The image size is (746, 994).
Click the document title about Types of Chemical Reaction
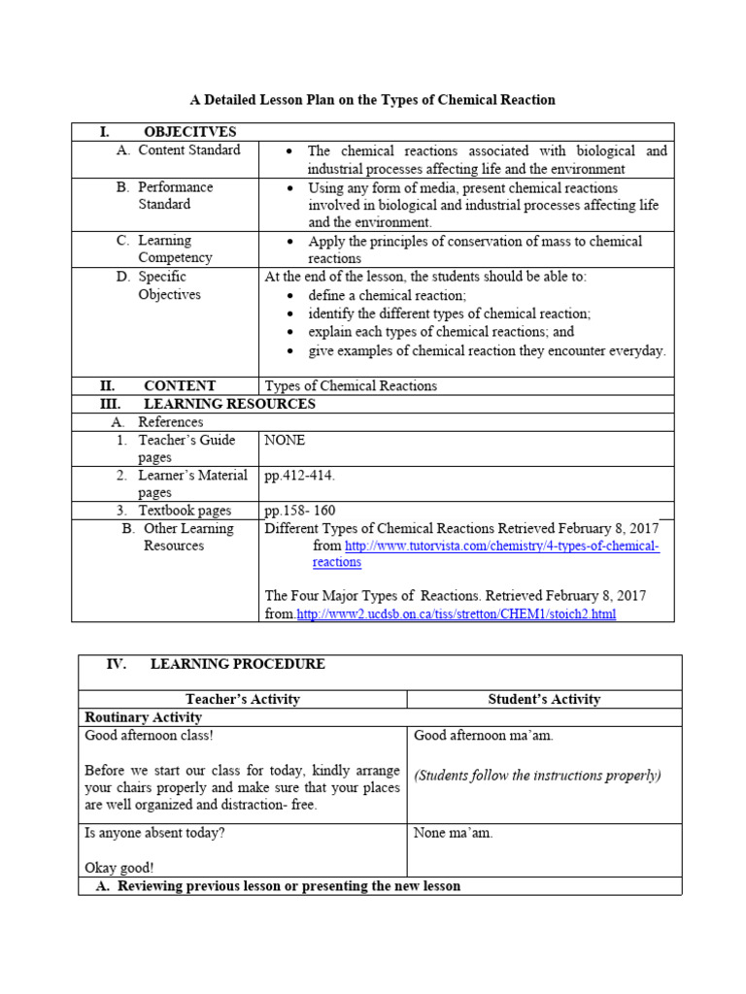tap(372, 100)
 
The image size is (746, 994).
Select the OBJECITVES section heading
tap(189, 132)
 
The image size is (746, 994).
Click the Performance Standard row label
tap(175, 195)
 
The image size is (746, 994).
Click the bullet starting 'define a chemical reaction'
tap(387, 295)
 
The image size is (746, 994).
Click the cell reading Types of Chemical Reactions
tap(351, 385)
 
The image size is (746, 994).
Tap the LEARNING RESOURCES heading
tap(229, 404)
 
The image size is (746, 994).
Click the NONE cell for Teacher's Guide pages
tap(285, 440)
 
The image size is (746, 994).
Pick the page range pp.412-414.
tap(299, 476)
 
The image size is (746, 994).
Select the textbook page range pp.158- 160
tap(300, 511)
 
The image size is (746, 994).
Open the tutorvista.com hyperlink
tap(501, 547)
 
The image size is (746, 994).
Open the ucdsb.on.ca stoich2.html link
tap(456, 614)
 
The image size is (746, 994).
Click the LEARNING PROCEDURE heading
tap(238, 664)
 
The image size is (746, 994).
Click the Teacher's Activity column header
tap(242, 699)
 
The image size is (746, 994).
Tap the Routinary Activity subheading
tap(144, 717)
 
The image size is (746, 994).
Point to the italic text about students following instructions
tap(537, 775)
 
